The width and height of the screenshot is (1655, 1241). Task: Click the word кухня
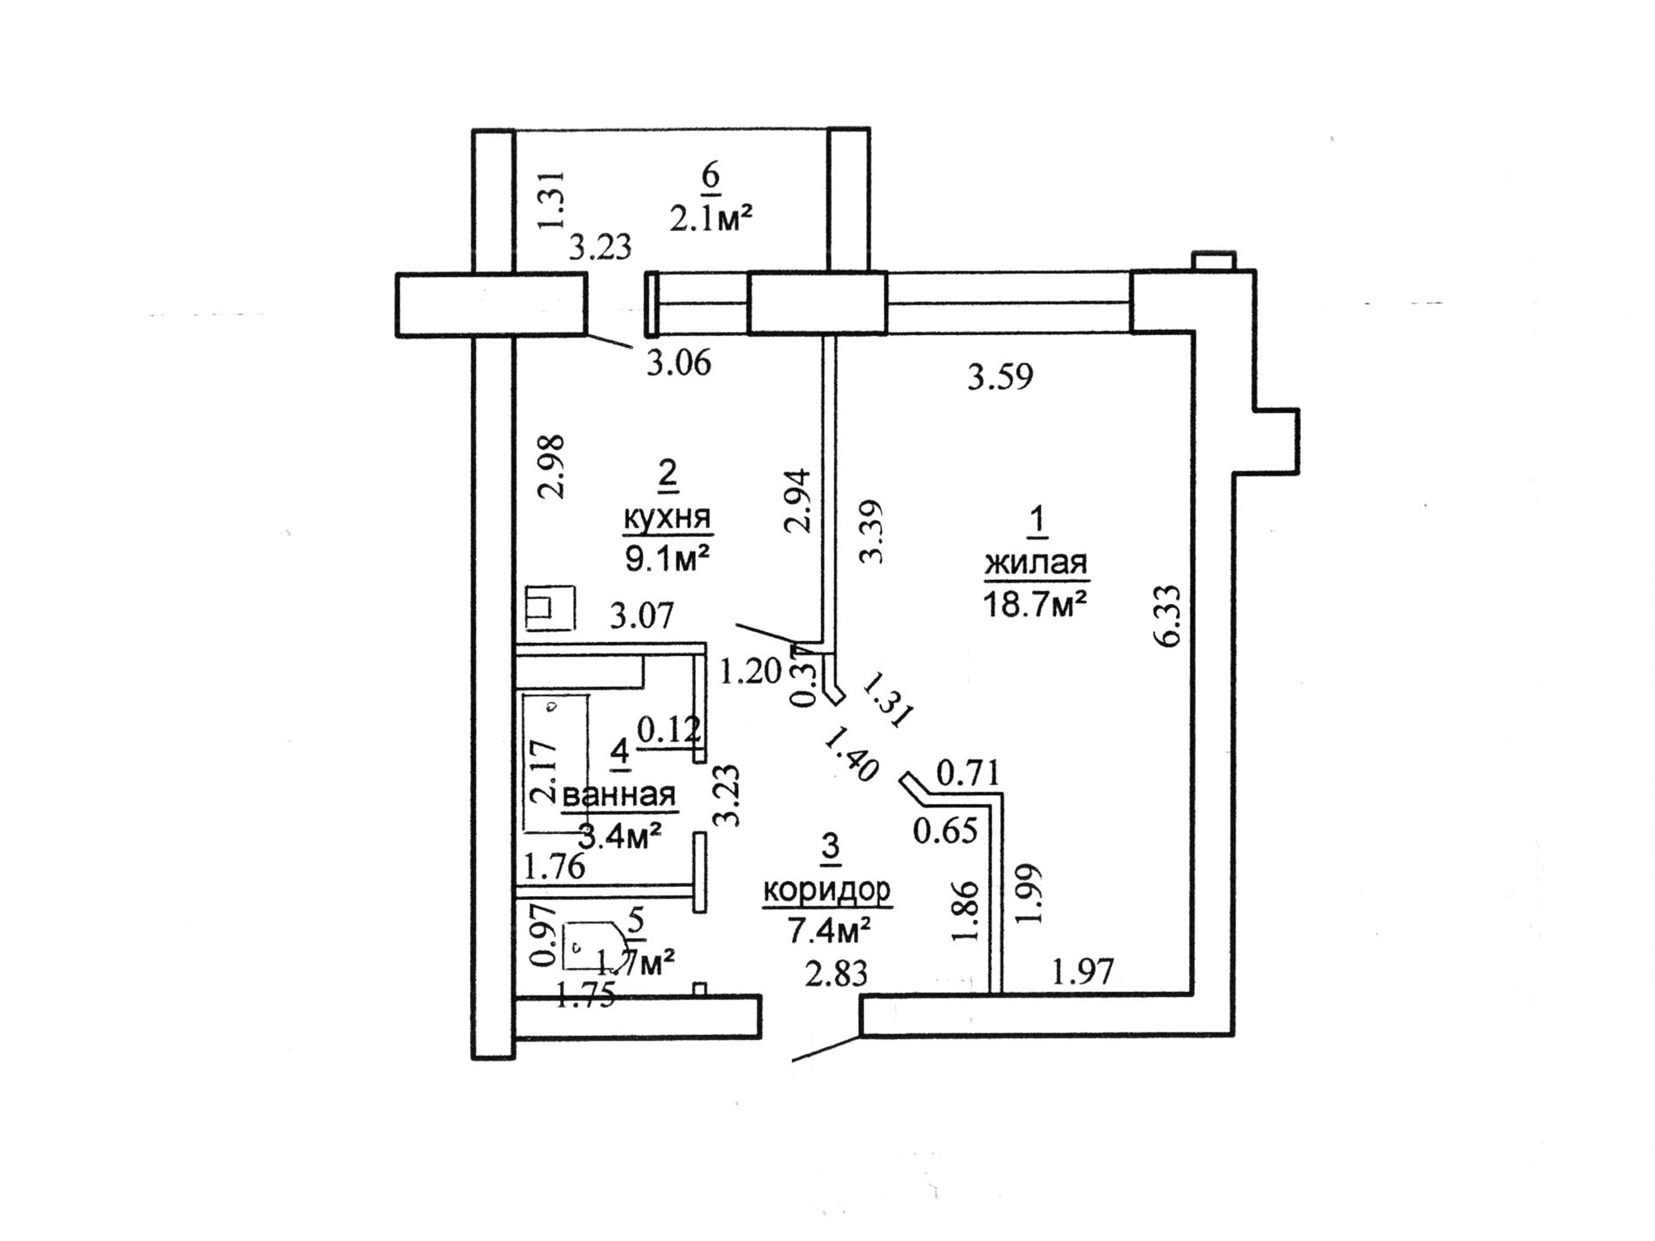[667, 518]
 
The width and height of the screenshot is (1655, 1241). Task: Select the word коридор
[827, 890]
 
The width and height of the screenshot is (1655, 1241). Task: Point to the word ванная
[620, 795]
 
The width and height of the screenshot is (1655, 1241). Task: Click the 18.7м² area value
[1034, 605]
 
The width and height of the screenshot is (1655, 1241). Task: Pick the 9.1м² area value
[667, 559]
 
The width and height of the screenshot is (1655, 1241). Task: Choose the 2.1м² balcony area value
[711, 219]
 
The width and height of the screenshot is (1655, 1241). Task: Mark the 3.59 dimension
[1000, 377]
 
